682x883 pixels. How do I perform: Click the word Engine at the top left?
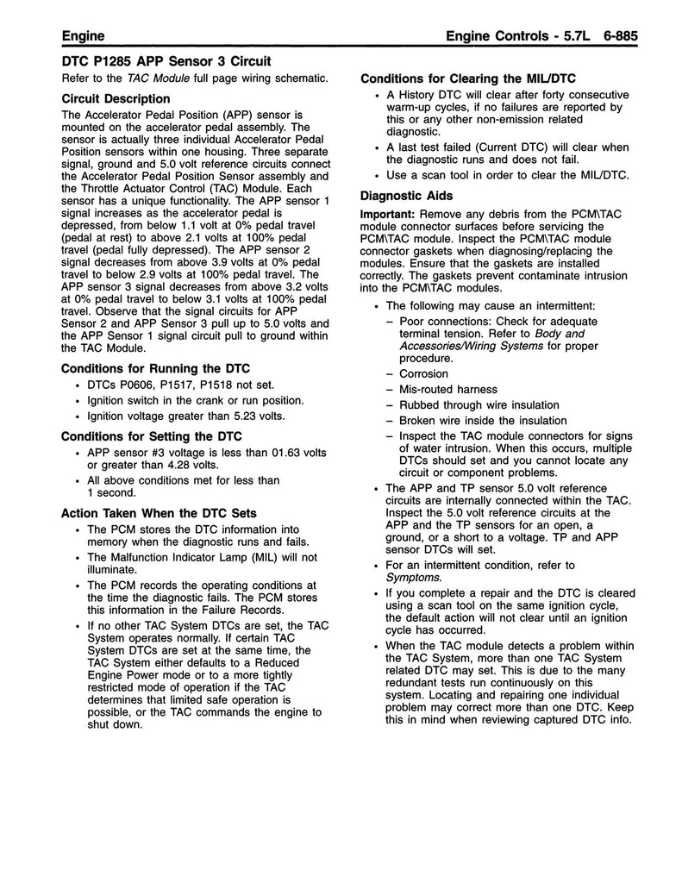tap(84, 36)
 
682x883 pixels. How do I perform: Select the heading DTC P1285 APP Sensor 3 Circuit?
tap(166, 61)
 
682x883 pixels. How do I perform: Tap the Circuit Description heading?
tap(116, 98)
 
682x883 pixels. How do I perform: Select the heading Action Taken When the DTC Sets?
tap(159, 513)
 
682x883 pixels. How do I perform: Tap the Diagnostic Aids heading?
tap(407, 196)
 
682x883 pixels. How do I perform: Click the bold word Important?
tap(385, 213)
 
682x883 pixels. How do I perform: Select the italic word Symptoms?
tap(413, 577)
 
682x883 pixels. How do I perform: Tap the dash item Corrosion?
tap(423, 374)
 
